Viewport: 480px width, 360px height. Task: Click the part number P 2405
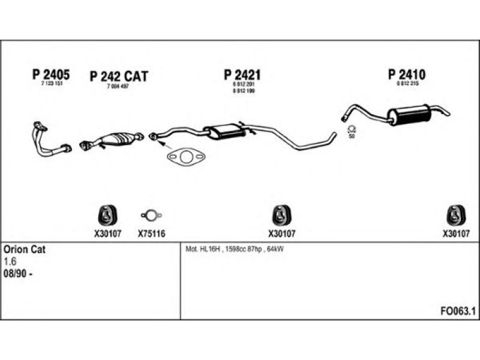click(50, 74)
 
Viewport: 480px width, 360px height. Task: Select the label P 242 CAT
click(118, 77)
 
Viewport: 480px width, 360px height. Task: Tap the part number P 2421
click(242, 75)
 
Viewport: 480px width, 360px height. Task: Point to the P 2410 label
click(406, 75)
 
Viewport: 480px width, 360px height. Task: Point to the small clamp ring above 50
click(352, 130)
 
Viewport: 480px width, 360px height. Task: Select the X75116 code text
click(151, 234)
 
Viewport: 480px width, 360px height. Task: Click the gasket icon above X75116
click(151, 215)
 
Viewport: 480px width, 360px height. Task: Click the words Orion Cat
click(24, 249)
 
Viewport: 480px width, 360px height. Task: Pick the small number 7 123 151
click(52, 84)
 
